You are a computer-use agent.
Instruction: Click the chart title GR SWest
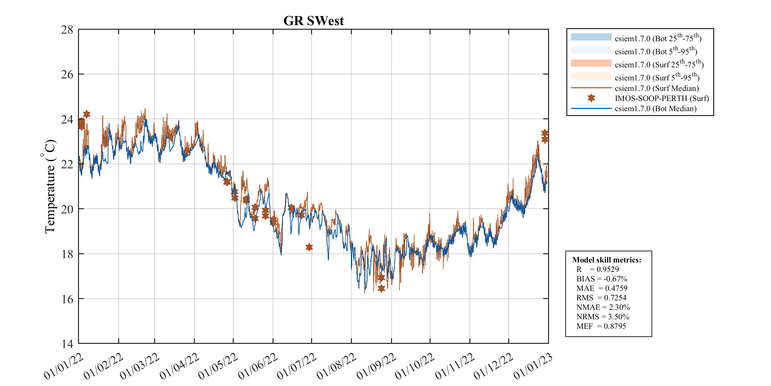(x=313, y=21)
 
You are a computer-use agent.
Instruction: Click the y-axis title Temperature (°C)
(x=50, y=187)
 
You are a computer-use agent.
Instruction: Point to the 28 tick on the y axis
(x=67, y=30)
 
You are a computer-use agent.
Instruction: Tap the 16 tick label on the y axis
(x=67, y=299)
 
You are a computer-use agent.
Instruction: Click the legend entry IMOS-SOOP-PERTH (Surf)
(x=662, y=98)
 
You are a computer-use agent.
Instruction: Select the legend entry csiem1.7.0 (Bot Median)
(x=655, y=109)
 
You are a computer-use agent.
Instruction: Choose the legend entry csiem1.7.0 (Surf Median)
(x=657, y=88)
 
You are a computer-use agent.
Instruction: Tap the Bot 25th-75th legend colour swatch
(x=591, y=37)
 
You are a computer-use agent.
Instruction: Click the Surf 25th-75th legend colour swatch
(x=591, y=63)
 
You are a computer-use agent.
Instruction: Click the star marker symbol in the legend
(x=591, y=98)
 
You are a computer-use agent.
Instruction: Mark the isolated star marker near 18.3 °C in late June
(x=309, y=247)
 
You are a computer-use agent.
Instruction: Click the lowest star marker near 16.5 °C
(x=381, y=288)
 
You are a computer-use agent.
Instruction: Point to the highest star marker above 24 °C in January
(x=87, y=114)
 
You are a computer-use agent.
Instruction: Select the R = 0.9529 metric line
(x=597, y=269)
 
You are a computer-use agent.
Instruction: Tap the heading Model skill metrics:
(x=606, y=260)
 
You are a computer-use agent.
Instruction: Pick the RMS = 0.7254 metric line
(x=601, y=298)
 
